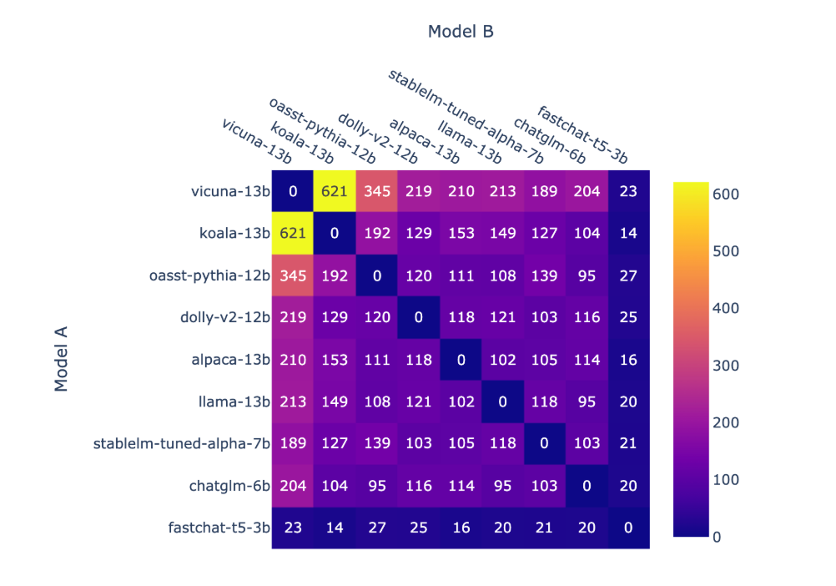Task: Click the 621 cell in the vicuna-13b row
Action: [x=335, y=191]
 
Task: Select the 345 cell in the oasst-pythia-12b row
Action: [x=293, y=275]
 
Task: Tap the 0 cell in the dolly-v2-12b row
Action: [x=419, y=317]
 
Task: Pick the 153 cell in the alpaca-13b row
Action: [x=335, y=360]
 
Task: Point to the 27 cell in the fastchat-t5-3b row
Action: [x=377, y=528]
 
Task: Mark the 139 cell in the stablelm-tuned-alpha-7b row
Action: [x=377, y=443]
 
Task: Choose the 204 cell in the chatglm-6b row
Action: [x=293, y=486]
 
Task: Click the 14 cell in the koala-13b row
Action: [x=628, y=234]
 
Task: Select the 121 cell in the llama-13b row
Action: [x=419, y=402]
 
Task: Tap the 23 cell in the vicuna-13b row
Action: [x=628, y=191]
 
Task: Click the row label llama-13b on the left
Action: [x=236, y=402]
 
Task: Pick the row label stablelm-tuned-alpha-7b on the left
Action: [x=182, y=443]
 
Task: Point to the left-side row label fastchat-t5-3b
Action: [x=218, y=528]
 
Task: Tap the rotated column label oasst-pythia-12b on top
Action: [x=322, y=130]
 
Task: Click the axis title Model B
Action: [x=461, y=32]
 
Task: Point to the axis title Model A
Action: [x=61, y=359]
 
